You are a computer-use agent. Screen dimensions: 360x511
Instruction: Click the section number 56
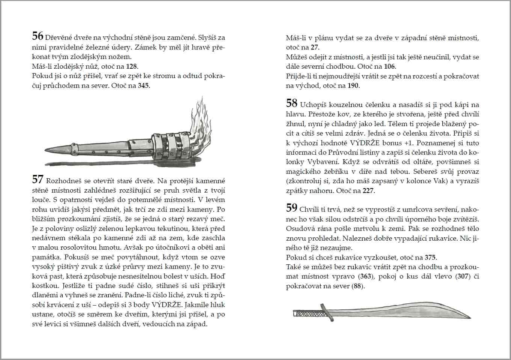(38, 36)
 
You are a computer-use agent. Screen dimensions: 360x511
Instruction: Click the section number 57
(38, 179)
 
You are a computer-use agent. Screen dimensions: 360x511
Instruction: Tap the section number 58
(291, 103)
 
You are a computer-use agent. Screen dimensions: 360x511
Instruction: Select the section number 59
(291, 208)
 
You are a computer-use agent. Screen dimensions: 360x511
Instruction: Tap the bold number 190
(353, 86)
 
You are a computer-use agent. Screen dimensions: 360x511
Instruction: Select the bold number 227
(369, 191)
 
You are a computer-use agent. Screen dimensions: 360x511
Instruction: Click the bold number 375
(430, 258)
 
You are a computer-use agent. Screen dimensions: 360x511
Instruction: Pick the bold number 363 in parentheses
(365, 277)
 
